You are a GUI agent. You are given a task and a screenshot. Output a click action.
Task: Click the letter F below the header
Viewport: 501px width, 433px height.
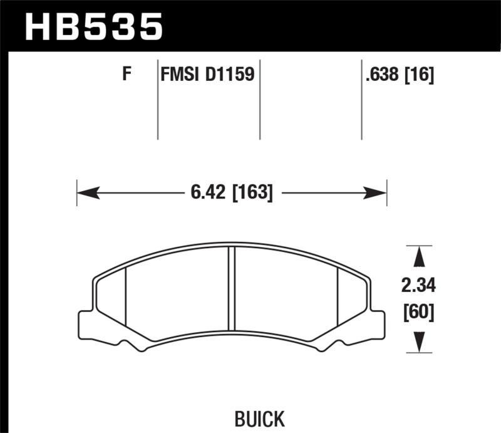(x=127, y=75)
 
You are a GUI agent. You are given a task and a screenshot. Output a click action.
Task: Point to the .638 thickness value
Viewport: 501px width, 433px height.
(x=383, y=76)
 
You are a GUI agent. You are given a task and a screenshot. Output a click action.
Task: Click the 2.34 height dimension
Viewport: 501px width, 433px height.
(x=418, y=286)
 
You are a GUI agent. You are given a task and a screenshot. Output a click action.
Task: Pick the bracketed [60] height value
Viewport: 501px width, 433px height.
(x=418, y=311)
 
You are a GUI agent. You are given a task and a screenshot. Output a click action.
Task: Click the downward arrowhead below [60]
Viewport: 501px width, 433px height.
(x=419, y=342)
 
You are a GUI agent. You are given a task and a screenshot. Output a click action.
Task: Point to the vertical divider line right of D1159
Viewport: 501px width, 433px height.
(x=259, y=100)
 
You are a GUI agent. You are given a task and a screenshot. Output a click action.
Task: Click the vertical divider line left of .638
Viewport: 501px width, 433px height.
(x=362, y=100)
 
